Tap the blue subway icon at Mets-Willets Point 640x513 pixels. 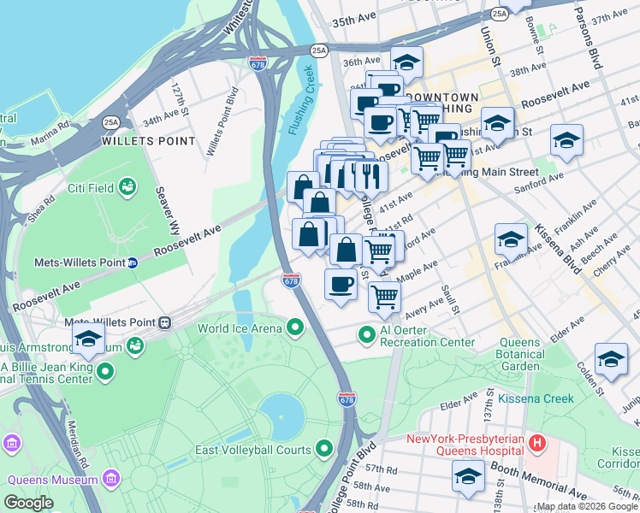click(x=133, y=262)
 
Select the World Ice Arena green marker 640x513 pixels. click(x=296, y=327)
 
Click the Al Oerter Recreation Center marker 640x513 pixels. click(x=367, y=334)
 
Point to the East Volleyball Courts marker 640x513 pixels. click(x=324, y=448)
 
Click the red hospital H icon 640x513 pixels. click(x=537, y=442)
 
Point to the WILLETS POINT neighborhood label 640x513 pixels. click(x=138, y=141)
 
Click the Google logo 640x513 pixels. click(x=28, y=503)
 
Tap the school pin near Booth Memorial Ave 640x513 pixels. click(x=468, y=475)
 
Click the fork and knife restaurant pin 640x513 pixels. click(x=371, y=175)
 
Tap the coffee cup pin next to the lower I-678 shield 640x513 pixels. click(x=341, y=283)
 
